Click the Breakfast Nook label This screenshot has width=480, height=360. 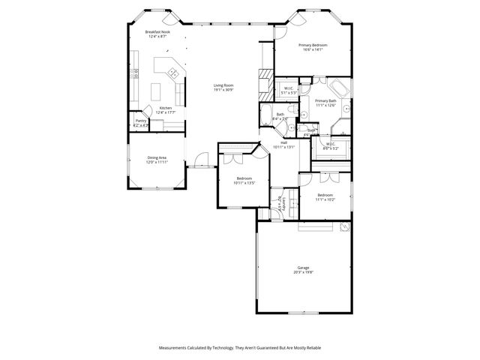click(157, 32)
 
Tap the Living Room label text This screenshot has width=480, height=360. click(223, 85)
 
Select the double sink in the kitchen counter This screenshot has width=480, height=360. click(172, 73)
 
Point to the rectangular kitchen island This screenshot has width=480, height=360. click(157, 91)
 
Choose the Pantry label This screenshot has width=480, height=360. click(140, 120)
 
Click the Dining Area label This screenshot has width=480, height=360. click(157, 157)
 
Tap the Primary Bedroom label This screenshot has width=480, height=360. click(314, 45)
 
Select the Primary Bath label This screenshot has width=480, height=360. click(325, 100)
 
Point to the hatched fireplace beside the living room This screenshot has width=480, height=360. click(265, 85)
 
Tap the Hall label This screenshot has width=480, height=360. click(284, 142)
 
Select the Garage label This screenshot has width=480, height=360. click(303, 268)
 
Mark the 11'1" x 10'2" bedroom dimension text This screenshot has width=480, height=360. click(325, 199)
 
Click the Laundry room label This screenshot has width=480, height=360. click(278, 203)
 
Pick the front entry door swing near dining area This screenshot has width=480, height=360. click(199, 159)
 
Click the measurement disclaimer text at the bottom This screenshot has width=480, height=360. click(239, 348)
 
